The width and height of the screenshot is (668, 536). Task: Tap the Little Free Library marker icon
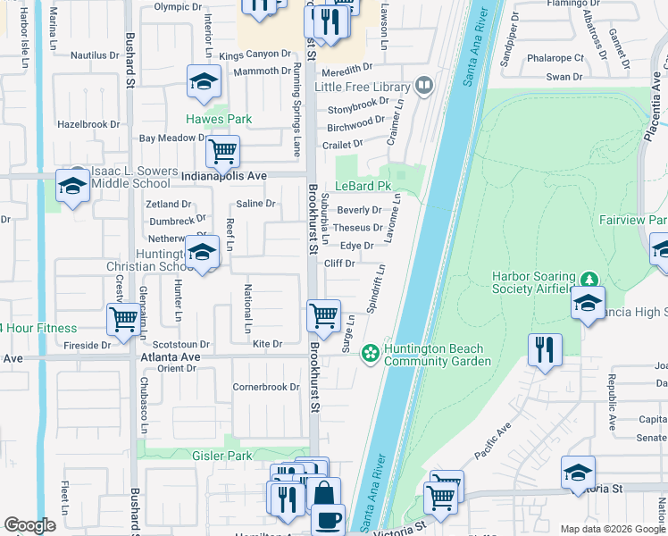tap(424, 86)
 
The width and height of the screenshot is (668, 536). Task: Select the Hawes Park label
tap(218, 119)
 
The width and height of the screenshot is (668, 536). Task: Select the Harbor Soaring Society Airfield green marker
tap(588, 280)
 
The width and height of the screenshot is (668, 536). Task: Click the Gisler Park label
tap(221, 456)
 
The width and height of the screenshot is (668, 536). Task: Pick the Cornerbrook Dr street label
tap(266, 388)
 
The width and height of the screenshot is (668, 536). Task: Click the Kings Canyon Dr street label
tap(255, 55)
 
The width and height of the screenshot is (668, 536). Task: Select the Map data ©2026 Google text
tap(613, 529)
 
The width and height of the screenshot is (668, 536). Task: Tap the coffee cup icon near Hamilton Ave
tap(328, 519)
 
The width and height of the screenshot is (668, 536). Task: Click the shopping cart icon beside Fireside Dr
tap(122, 319)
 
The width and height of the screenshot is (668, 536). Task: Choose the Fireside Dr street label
tap(87, 344)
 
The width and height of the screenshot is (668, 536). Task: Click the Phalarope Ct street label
tap(555, 58)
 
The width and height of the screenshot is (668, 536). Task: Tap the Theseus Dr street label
tap(357, 228)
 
